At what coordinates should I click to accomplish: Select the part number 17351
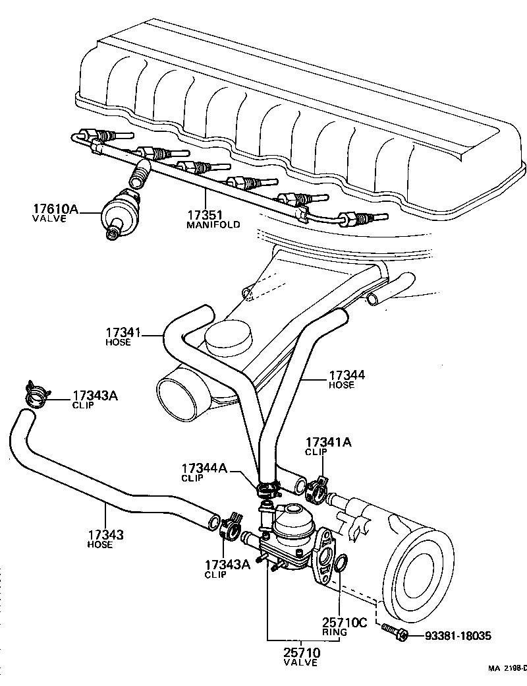[204, 214]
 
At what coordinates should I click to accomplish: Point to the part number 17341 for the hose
[124, 333]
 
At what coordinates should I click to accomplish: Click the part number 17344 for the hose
[347, 375]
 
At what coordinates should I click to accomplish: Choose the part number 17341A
[327, 443]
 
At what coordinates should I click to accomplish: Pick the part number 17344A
[204, 468]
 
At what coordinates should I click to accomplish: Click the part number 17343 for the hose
[105, 535]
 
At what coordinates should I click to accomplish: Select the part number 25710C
[344, 622]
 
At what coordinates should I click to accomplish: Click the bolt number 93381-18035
[458, 636]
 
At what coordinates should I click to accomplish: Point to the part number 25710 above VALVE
[302, 653]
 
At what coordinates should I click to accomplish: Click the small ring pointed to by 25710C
[340, 563]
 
